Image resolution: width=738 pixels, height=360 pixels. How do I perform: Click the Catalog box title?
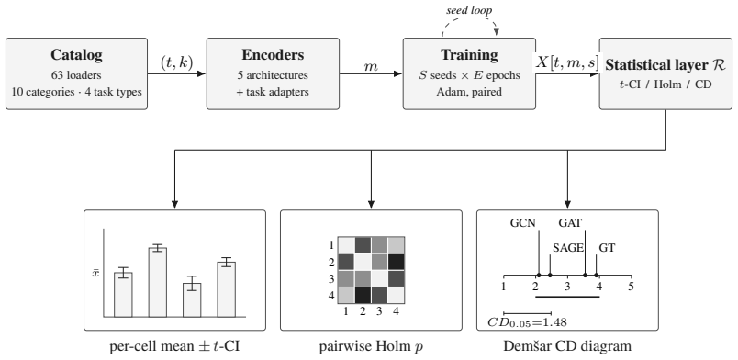coord(76,55)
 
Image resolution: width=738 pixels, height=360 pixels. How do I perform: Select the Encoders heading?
coord(273,55)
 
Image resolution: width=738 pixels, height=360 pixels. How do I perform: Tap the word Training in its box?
coord(469,55)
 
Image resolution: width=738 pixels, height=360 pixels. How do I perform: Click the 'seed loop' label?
coord(469,10)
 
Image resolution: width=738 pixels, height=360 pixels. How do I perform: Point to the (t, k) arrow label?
coord(177,62)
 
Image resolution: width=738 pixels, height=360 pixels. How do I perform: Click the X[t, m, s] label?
coord(567,62)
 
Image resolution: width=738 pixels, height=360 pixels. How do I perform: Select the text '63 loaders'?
coord(76,75)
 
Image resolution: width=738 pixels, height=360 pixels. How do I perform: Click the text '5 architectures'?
coord(273,75)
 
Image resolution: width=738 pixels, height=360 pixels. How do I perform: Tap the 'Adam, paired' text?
coord(469,92)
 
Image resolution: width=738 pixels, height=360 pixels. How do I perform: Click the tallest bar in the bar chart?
coord(157,282)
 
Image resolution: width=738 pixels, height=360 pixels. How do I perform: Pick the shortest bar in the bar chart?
coord(192,300)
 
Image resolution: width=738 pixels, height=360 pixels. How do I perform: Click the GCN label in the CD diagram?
coord(523,223)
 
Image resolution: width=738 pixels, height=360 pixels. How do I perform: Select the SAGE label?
coord(568,248)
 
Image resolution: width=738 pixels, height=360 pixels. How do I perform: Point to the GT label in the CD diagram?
coord(607,248)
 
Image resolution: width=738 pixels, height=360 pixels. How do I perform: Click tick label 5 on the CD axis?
coord(632,287)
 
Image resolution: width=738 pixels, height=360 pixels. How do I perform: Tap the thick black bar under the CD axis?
coord(567,297)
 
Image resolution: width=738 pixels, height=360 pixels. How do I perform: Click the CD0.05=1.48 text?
coord(527,322)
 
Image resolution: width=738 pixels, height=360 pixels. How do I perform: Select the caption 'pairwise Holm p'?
coord(372,347)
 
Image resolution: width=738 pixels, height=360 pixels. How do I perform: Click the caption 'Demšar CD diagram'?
coord(567,346)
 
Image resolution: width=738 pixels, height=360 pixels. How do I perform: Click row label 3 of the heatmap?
coord(331,279)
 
